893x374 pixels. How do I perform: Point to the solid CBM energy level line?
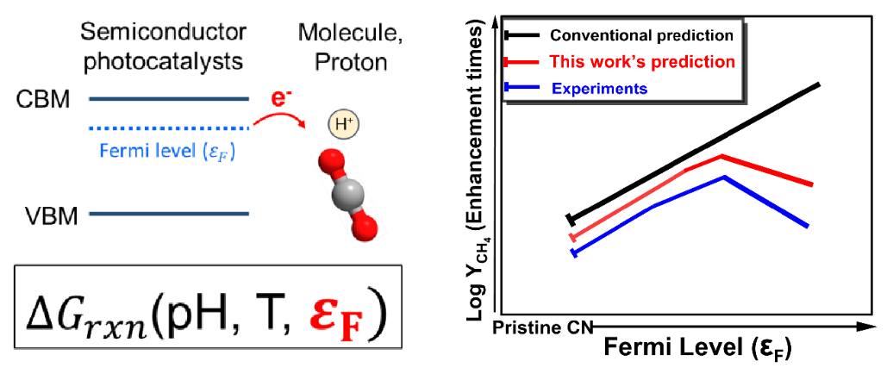pyautogui.click(x=169, y=99)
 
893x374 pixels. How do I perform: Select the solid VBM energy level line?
pyautogui.click(x=169, y=214)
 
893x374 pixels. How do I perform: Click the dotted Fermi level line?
pyautogui.click(x=169, y=128)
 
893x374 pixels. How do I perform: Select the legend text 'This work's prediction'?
pyautogui.click(x=642, y=61)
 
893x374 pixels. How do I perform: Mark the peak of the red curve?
pyautogui.click(x=721, y=155)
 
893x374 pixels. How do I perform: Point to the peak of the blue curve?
pyautogui.click(x=724, y=177)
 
